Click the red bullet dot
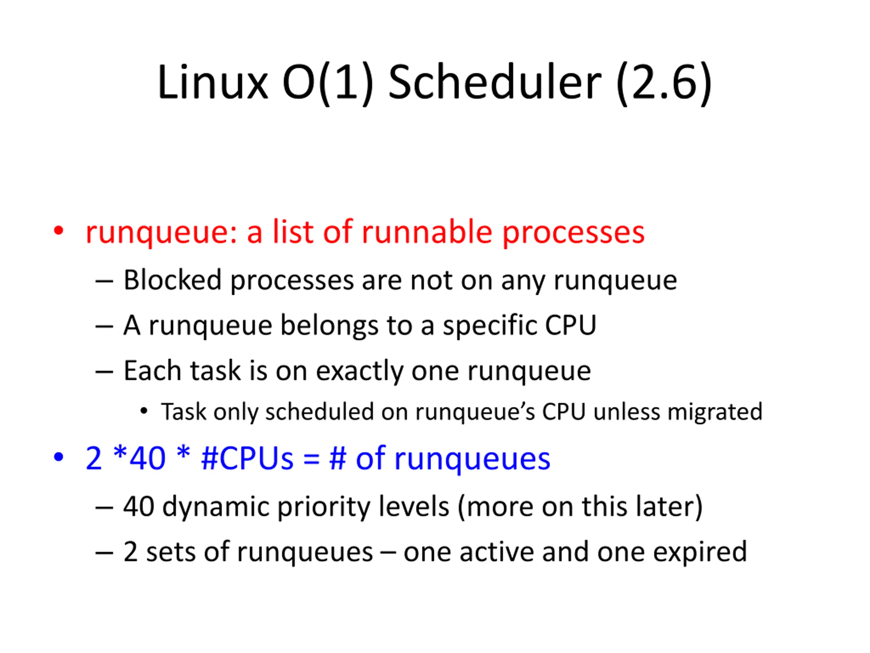[x=58, y=231]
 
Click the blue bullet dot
[x=58, y=457]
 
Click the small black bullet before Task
[x=144, y=411]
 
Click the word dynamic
[x=215, y=507]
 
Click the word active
[x=497, y=552]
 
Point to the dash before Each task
[x=104, y=371]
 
